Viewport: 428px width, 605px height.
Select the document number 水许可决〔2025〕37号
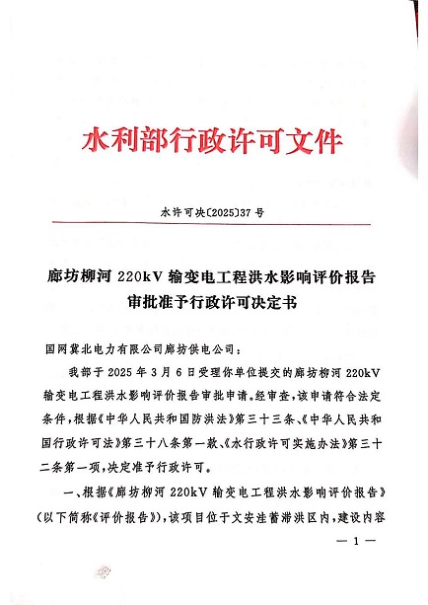[x=215, y=211]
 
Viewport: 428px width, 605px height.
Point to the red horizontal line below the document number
[x=214, y=229]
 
